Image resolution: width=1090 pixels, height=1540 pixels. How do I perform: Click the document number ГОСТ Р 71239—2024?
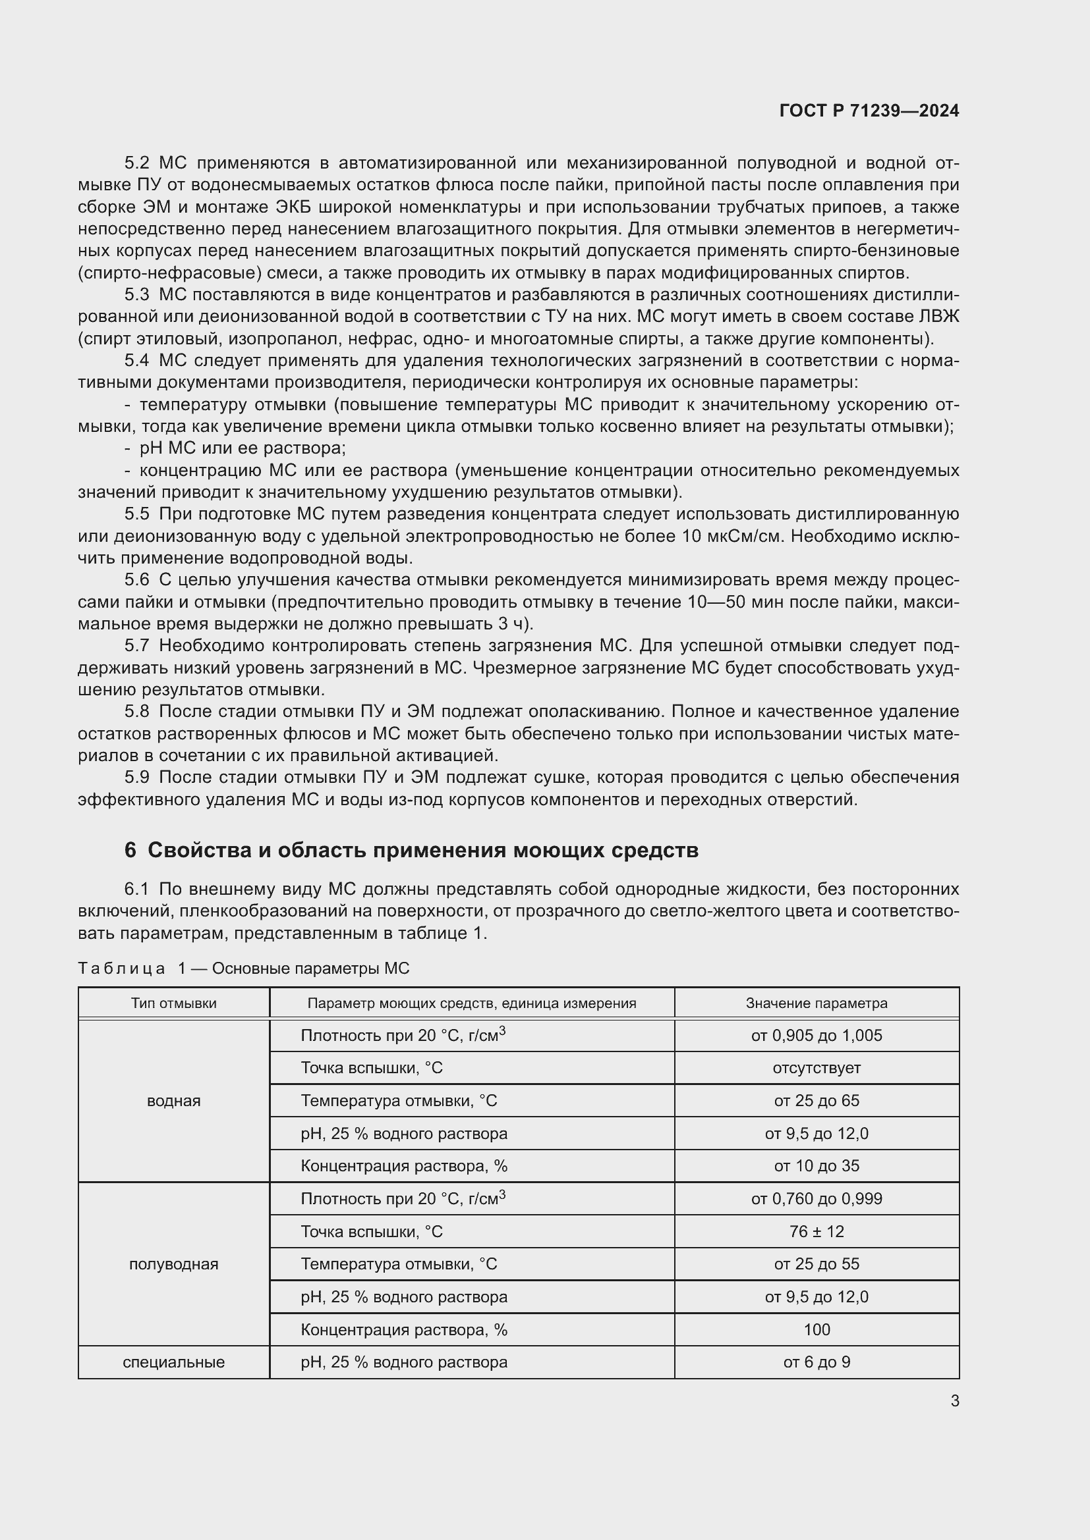(x=869, y=111)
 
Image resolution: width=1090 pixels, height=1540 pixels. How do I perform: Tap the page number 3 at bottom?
(x=954, y=1400)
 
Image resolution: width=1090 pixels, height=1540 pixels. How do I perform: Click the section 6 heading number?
(x=130, y=850)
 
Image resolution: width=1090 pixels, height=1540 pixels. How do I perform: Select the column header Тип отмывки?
(x=174, y=1003)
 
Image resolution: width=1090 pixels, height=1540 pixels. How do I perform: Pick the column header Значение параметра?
(x=816, y=1003)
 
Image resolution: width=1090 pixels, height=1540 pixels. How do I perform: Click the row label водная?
(x=174, y=1101)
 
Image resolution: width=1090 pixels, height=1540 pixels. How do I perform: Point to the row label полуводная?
(x=174, y=1264)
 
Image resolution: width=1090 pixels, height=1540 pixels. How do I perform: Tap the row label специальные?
(x=174, y=1362)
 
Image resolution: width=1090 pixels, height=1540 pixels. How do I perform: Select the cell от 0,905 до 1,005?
(x=816, y=1036)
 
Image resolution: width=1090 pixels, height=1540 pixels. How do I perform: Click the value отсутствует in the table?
(x=816, y=1068)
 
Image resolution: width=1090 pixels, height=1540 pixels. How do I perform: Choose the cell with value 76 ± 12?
(x=816, y=1231)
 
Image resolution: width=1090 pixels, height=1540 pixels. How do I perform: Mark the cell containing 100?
(x=816, y=1329)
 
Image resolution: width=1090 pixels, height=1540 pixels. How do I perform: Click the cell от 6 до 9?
(x=816, y=1362)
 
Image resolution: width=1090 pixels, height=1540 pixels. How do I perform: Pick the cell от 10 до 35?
(x=816, y=1166)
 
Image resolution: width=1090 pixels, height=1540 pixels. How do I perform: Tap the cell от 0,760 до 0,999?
(x=816, y=1198)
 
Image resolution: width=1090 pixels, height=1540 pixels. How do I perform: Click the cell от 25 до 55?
(x=816, y=1264)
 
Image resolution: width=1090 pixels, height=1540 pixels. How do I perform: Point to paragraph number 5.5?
(x=137, y=514)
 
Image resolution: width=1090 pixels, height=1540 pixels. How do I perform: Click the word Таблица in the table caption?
(x=121, y=969)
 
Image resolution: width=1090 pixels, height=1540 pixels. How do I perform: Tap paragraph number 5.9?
(x=137, y=778)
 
